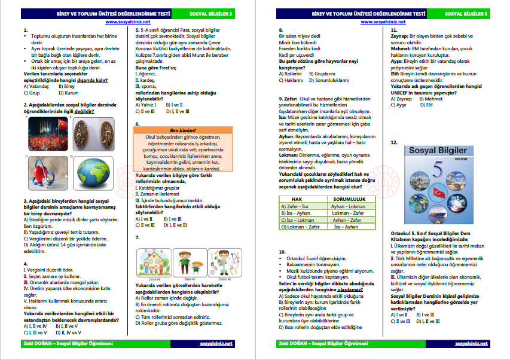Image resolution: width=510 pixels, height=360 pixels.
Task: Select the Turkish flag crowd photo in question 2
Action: coord(45,133)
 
